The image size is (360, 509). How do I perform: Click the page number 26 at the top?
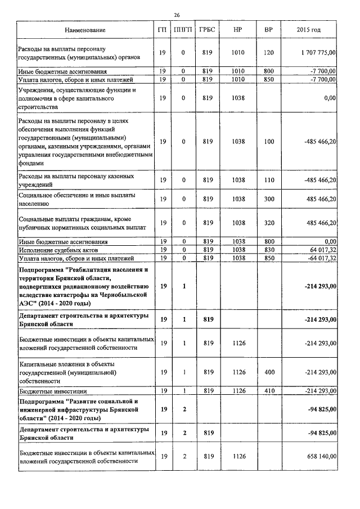[x=177, y=15]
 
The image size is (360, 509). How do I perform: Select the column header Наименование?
[x=85, y=29]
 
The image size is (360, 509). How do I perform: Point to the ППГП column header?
[x=183, y=29]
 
